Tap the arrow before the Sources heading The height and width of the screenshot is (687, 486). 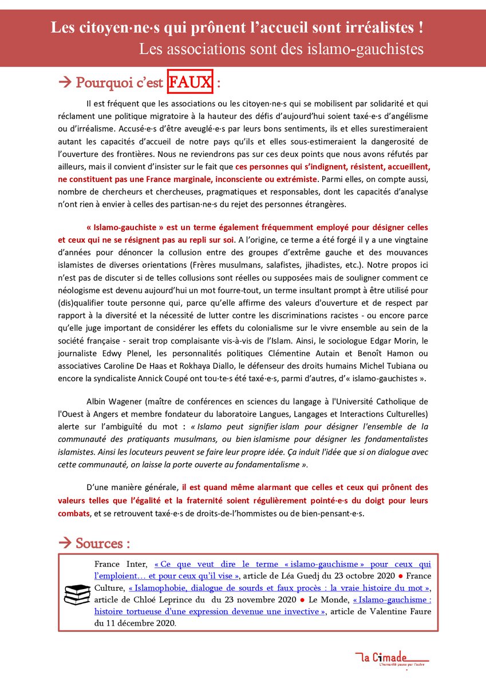(x=65, y=542)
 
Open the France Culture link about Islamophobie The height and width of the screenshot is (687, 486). (x=278, y=587)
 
